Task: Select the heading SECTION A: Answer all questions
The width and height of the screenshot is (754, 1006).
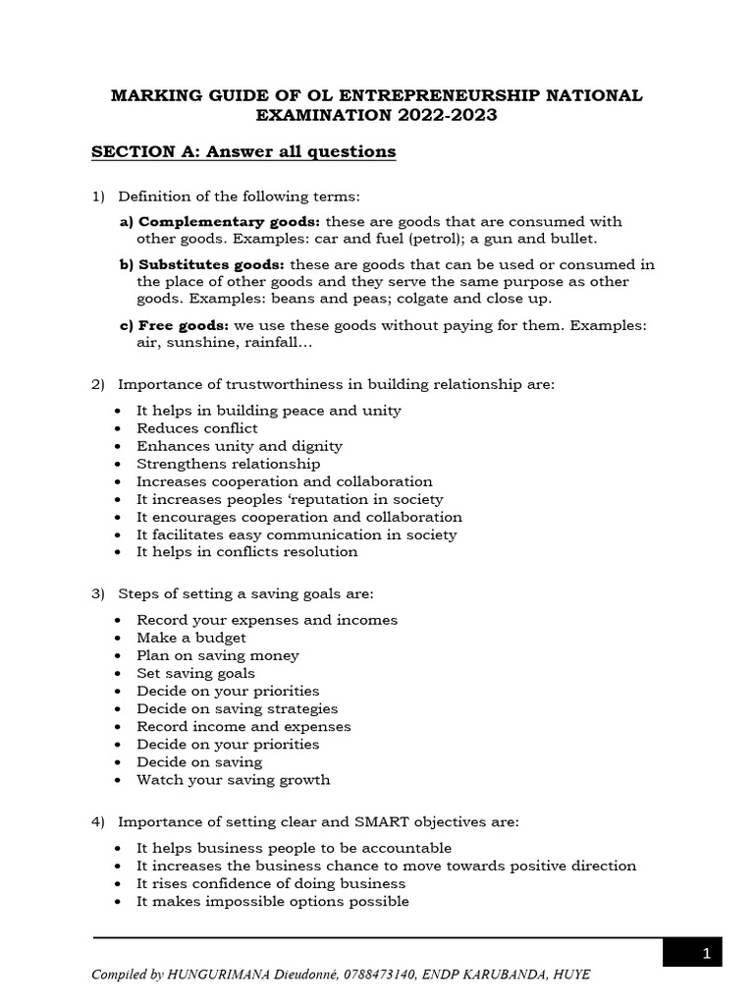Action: click(x=243, y=151)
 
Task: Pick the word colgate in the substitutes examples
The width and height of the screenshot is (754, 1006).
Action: click(x=446, y=299)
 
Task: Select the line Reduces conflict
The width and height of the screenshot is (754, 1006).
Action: click(x=197, y=428)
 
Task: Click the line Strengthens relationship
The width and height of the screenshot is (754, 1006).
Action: click(x=228, y=464)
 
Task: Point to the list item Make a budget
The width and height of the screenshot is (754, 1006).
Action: click(x=191, y=638)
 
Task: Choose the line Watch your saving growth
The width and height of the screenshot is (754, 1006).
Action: click(x=234, y=780)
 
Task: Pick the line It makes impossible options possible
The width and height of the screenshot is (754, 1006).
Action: click(x=273, y=901)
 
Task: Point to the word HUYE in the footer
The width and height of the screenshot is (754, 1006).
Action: click(x=570, y=975)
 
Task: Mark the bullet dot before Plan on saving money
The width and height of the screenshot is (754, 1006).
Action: click(x=118, y=655)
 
